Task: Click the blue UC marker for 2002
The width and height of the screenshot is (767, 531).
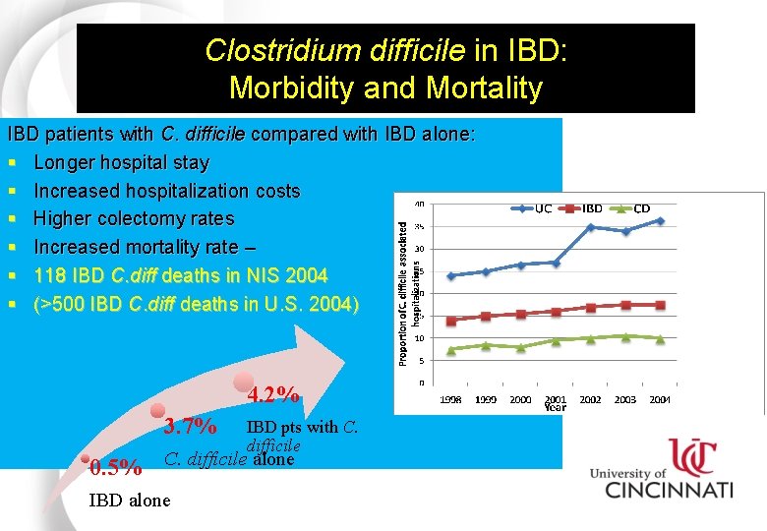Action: pyautogui.click(x=590, y=227)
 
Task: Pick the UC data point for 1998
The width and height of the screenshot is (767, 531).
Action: pyautogui.click(x=451, y=275)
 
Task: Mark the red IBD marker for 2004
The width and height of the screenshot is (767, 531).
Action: pyautogui.click(x=660, y=305)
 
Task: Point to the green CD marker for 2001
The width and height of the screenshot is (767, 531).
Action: pyautogui.click(x=556, y=340)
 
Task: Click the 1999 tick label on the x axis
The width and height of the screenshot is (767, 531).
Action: pyautogui.click(x=486, y=399)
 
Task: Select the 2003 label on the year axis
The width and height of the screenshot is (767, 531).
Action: pyautogui.click(x=625, y=399)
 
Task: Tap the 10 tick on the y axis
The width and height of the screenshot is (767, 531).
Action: pyautogui.click(x=420, y=338)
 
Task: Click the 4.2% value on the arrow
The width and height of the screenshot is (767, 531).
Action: pyautogui.click(x=273, y=395)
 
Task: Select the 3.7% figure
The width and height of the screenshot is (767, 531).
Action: pyautogui.click(x=190, y=427)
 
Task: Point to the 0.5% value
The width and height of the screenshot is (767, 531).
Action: pyautogui.click(x=115, y=467)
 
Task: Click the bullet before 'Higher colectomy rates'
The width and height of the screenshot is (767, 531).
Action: pyautogui.click(x=12, y=219)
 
